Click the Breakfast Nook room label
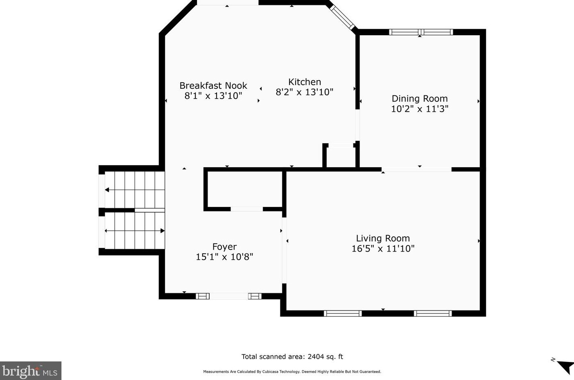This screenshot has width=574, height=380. click(x=213, y=85)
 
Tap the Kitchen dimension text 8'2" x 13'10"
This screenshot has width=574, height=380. click(x=305, y=92)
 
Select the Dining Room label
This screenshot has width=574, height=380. click(x=420, y=99)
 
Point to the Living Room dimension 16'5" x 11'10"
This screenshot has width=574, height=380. click(x=383, y=249)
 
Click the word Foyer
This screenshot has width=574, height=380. click(x=224, y=247)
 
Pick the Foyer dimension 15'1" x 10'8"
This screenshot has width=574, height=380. click(x=224, y=257)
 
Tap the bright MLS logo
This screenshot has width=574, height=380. click(x=30, y=371)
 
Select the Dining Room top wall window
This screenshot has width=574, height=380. click(x=421, y=32)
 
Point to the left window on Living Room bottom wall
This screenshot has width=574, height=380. click(x=343, y=313)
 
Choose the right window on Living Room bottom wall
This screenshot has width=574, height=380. click(x=433, y=313)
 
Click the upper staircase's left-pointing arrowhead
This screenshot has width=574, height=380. click(x=107, y=190)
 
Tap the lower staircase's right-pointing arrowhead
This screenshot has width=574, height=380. click(x=163, y=231)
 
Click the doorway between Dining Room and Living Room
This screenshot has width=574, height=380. click(x=416, y=169)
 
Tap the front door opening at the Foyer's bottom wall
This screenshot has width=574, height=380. click(x=229, y=296)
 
